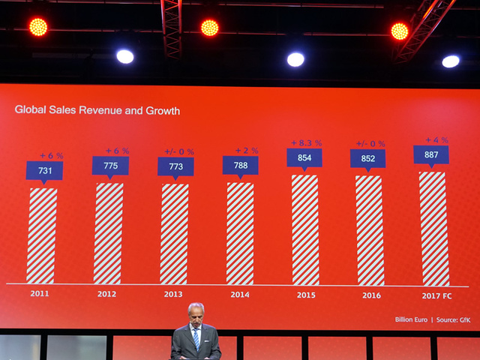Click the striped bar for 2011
(x=42, y=235)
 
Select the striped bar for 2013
(x=174, y=234)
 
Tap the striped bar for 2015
(x=305, y=229)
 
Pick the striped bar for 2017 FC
(x=433, y=228)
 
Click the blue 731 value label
(x=44, y=170)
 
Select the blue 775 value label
(x=110, y=165)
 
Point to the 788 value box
(x=240, y=165)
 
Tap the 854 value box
(x=304, y=157)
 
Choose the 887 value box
(x=431, y=154)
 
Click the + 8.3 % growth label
(x=306, y=142)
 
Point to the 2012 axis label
(x=106, y=294)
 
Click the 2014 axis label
(x=240, y=295)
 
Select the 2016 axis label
(x=371, y=295)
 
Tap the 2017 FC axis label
(x=436, y=295)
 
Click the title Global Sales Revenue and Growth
(x=97, y=110)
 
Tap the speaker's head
(x=195, y=313)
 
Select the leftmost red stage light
(x=37, y=27)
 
